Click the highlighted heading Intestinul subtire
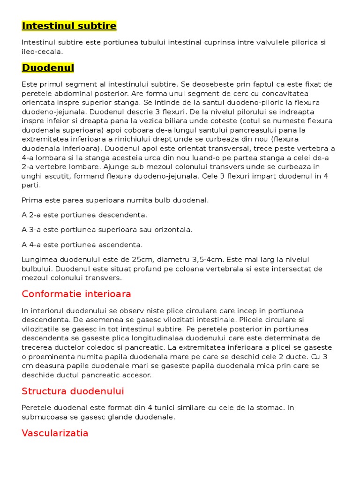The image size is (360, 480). [x=69, y=25]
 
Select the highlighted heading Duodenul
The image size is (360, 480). [x=48, y=68]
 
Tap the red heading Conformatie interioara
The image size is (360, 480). [x=76, y=294]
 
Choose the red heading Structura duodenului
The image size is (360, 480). [x=73, y=391]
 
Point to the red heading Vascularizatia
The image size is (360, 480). [x=55, y=433]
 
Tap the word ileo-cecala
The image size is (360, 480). [x=42, y=52]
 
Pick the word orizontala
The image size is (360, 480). [x=171, y=230]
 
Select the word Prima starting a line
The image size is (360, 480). [x=31, y=200]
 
